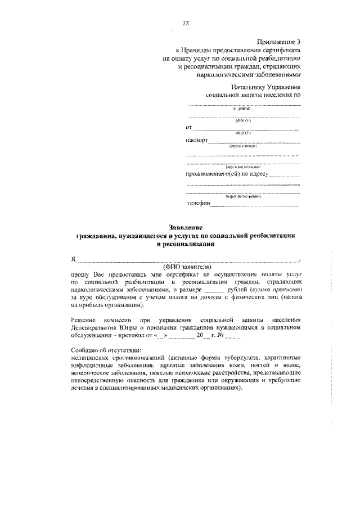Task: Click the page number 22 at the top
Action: (x=184, y=23)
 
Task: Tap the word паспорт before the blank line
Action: (x=196, y=140)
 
